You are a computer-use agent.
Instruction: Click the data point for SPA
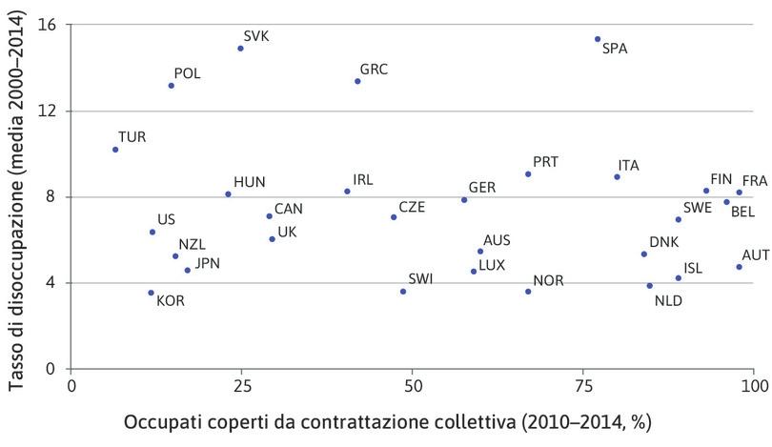598,39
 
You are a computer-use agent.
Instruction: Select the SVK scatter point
240,48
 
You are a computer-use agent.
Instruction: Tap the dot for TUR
115,150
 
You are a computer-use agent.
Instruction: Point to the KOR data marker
151,293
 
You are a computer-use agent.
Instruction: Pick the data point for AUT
739,267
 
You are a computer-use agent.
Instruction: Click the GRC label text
374,70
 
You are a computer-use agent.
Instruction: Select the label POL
187,73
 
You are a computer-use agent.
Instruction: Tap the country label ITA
628,165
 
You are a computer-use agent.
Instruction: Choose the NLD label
668,301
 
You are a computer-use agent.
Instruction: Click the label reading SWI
420,279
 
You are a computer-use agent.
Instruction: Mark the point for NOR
528,292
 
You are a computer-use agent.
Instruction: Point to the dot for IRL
347,192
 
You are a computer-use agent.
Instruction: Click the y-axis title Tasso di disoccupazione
16,196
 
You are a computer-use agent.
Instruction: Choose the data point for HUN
228,193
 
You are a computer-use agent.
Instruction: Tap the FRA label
754,180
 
